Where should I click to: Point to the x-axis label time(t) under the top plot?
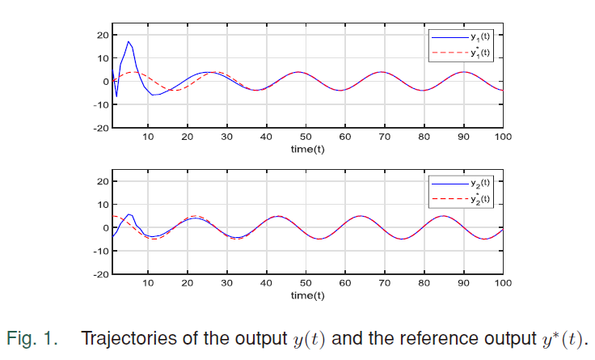[307, 150]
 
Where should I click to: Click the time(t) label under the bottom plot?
[307, 295]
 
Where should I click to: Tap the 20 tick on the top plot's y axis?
[103, 35]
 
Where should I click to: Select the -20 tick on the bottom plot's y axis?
[100, 274]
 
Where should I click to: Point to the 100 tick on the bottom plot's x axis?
[503, 283]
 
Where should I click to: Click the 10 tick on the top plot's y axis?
[103, 58]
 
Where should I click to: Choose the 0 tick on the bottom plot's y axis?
[105, 227]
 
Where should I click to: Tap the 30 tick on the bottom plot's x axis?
[227, 283]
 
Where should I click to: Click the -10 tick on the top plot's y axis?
[100, 104]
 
